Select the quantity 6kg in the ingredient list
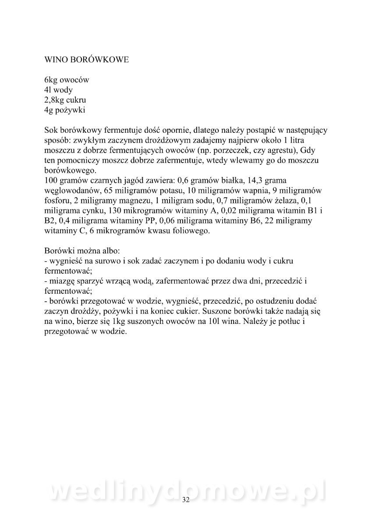click(52, 80)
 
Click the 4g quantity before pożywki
click(49, 110)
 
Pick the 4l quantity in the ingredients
click(48, 90)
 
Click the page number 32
click(186, 500)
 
